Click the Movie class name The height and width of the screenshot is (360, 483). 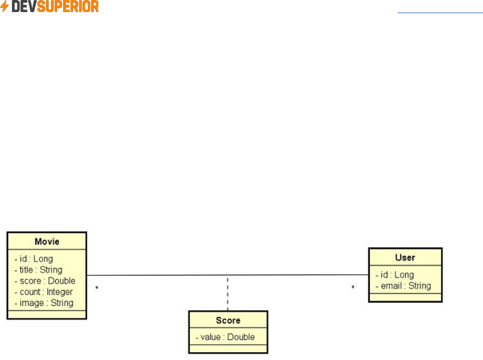[x=47, y=242]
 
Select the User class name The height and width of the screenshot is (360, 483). [x=405, y=258]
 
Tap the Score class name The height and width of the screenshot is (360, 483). [x=228, y=320]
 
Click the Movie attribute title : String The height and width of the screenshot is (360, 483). [x=38, y=270]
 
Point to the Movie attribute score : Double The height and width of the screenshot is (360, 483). [x=45, y=281]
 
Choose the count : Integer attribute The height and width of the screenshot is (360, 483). [x=44, y=292]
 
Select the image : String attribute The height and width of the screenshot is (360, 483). [x=44, y=303]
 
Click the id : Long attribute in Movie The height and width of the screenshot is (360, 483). [x=34, y=259]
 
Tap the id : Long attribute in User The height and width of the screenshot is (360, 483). [x=395, y=275]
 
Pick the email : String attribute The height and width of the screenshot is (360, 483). [x=403, y=286]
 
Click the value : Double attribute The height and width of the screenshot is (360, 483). [x=225, y=337]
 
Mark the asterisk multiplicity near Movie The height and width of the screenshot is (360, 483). [x=97, y=289]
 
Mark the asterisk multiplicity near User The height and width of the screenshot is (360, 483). [x=353, y=288]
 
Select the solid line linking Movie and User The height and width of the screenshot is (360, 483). [x=158, y=275]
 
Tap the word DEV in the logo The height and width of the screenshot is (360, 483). [x=24, y=7]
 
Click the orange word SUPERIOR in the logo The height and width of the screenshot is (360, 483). [x=68, y=7]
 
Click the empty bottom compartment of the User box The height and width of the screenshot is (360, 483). [x=405, y=297]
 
